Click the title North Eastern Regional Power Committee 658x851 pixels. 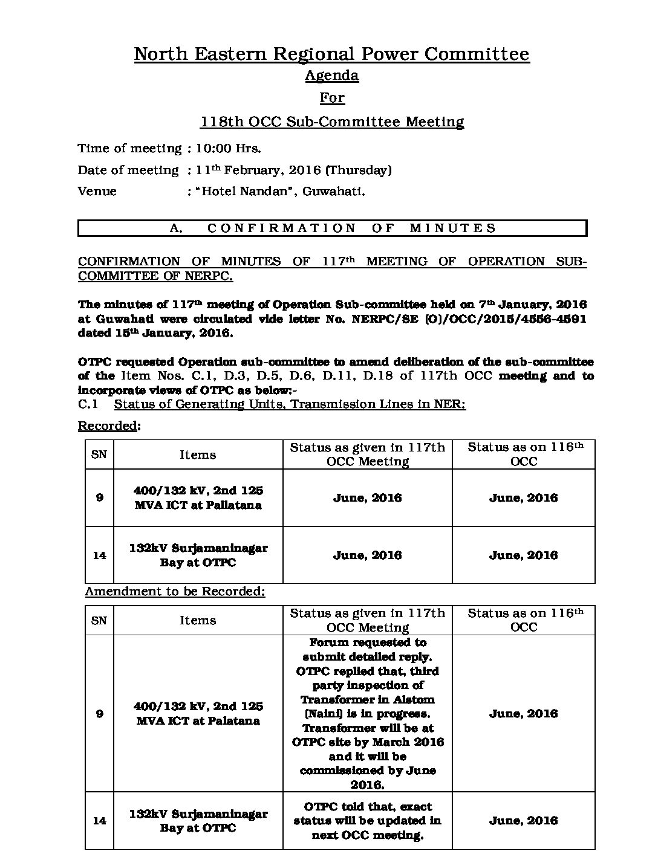coord(331,54)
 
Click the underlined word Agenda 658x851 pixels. coord(331,76)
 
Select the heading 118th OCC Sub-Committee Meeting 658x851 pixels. coord(332,121)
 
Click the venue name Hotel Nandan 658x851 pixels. coord(244,192)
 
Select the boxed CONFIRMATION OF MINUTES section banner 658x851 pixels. coord(332,228)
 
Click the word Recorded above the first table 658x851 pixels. coord(108,426)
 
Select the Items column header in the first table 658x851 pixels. coord(198,455)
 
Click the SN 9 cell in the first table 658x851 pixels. coord(99,497)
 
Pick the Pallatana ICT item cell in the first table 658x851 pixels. coord(198,497)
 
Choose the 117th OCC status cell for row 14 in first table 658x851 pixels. coord(367,555)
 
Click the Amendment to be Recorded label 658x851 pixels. coord(175,591)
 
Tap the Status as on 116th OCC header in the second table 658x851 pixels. coord(524,620)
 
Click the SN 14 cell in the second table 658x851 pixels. coord(99,820)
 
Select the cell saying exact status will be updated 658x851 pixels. coord(367,820)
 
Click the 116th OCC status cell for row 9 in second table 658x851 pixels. coord(524,713)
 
